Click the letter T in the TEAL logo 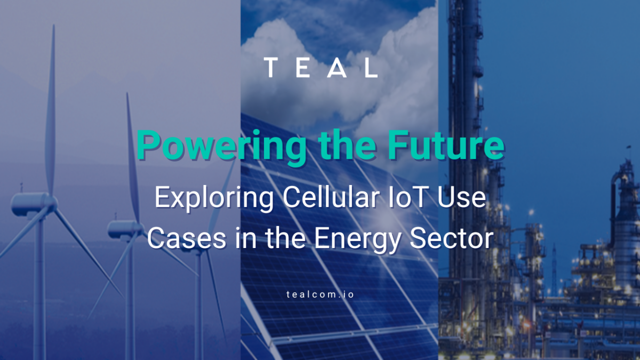[272, 68]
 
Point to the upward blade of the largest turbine [52, 107]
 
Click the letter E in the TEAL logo [304, 68]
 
